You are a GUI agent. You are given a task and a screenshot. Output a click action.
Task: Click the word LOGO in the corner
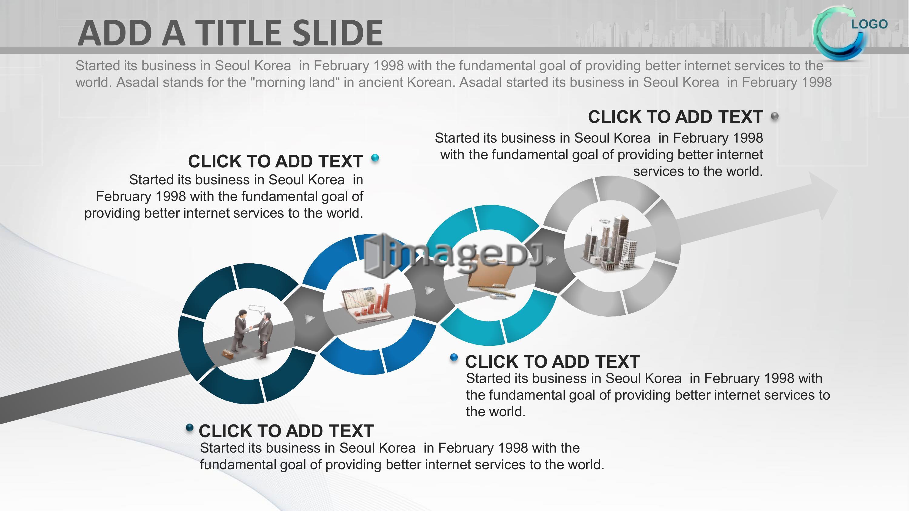869,24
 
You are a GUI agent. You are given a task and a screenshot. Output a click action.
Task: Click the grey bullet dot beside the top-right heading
774,116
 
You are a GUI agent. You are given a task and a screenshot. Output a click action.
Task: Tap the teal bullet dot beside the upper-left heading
375,158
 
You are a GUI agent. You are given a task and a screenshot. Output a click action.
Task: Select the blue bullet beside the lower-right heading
454,358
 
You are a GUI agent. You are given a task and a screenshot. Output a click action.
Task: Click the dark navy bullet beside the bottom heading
189,428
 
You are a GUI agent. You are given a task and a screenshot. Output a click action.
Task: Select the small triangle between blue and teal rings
429,291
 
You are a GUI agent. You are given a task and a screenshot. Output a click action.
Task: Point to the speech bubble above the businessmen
257,309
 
